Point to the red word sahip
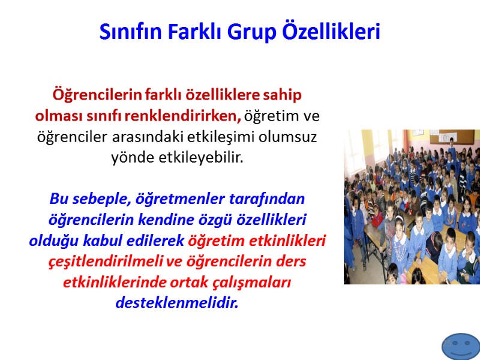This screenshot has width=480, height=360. tap(281, 95)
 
